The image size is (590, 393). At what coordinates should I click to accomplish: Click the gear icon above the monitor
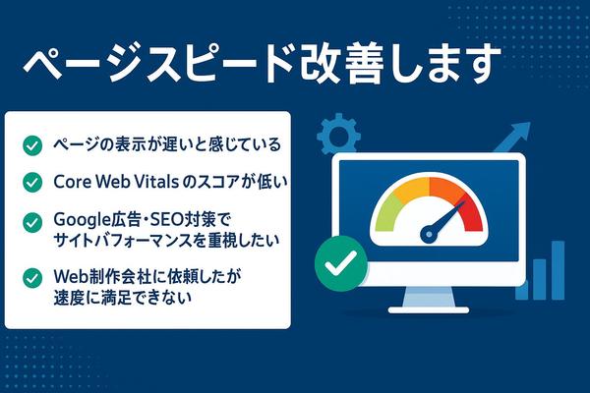point(338,134)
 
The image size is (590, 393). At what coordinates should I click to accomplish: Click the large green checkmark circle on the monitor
point(341,263)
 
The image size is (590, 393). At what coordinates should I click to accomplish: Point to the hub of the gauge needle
point(429,234)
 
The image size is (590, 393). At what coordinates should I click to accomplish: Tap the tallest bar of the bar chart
point(558,270)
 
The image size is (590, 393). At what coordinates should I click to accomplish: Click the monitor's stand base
point(429,309)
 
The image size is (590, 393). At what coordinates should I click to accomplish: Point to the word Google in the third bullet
point(79,220)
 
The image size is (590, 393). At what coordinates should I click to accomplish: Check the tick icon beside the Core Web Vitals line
point(32,183)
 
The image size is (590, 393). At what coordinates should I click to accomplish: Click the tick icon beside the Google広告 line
point(32,222)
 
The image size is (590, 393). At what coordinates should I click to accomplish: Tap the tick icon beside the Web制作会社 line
point(32,278)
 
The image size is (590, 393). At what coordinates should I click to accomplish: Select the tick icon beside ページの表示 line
point(32,145)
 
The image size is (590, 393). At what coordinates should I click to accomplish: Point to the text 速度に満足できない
point(123,298)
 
